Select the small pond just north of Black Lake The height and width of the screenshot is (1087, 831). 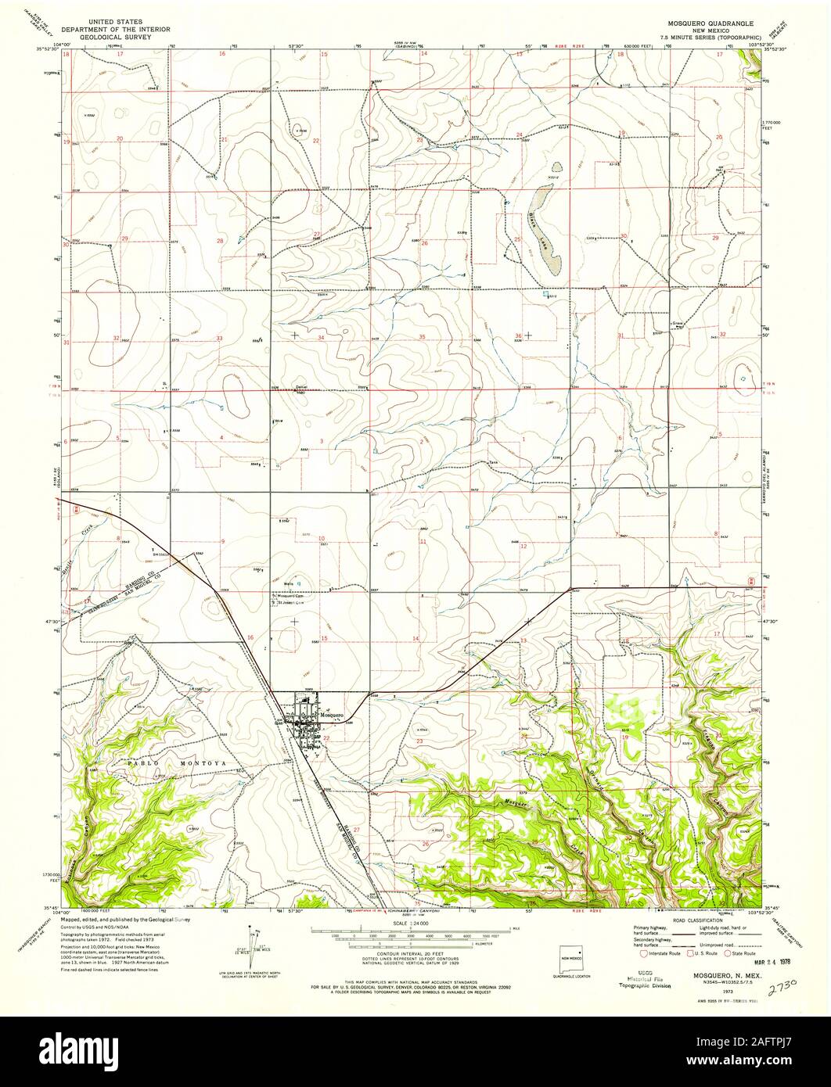tap(556, 167)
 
